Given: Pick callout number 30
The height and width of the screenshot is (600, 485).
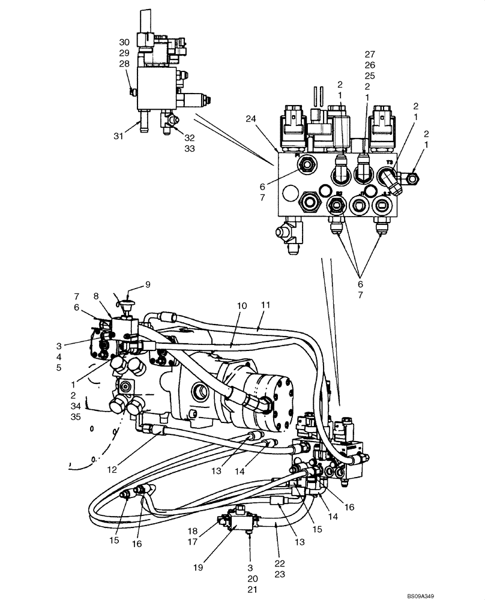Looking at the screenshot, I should [x=124, y=42].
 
